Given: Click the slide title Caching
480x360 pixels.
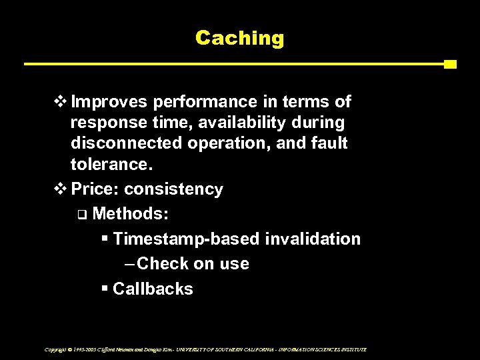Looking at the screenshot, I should tap(239, 38).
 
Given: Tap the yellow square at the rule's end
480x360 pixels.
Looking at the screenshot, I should tap(450, 65).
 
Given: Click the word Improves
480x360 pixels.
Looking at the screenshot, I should tap(110, 103).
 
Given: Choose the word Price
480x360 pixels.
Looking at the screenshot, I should tap(91, 189).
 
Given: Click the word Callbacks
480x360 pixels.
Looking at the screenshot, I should tap(153, 289).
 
